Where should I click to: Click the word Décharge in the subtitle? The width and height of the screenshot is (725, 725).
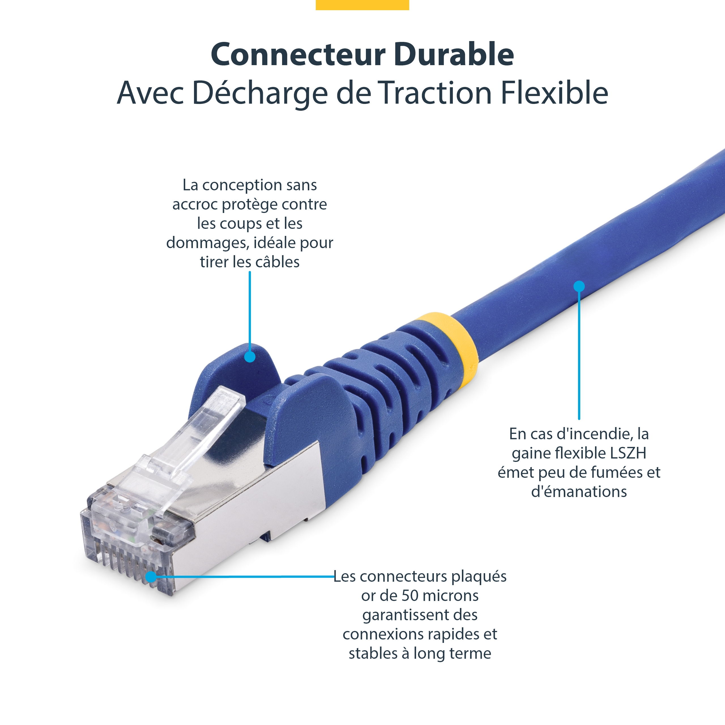point(260,93)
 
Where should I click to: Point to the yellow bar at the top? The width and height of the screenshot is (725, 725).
point(362,5)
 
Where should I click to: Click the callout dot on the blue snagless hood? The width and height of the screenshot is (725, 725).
point(250,357)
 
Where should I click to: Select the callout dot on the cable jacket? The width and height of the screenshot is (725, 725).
point(579,286)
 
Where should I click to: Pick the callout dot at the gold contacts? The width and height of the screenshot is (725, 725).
point(151,577)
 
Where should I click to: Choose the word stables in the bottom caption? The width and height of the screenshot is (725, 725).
point(373,653)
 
